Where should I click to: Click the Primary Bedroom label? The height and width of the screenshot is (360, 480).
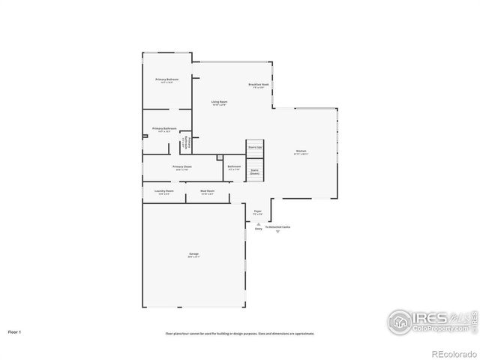tap(166, 80)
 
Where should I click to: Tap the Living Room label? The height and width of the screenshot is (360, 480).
tap(219, 102)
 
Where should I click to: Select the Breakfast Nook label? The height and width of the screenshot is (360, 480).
tap(259, 85)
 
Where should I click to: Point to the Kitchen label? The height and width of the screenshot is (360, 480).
tap(301, 152)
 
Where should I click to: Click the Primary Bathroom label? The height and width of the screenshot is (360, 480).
tap(164, 129)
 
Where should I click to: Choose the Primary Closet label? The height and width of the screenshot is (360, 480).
tap(182, 167)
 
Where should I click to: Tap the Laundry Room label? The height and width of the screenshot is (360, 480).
tap(164, 192)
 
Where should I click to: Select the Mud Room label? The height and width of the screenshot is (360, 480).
tap(208, 192)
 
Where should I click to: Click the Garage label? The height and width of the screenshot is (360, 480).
tap(193, 255)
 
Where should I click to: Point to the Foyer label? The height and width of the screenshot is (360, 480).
tap(257, 212)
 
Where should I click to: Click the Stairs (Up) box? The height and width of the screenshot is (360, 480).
tap(255, 147)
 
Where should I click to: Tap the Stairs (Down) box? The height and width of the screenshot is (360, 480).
tap(255, 172)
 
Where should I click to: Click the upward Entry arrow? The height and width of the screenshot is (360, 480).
tap(259, 222)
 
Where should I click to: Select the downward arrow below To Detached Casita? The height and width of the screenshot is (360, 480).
tap(277, 232)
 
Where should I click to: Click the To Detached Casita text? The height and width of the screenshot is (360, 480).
tap(277, 226)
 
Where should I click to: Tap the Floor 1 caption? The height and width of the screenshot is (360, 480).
tap(14, 330)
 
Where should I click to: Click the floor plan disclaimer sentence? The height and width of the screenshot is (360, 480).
tap(240, 333)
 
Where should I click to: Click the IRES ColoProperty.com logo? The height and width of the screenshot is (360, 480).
tap(430, 321)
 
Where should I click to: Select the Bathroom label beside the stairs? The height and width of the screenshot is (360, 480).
tap(234, 167)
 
